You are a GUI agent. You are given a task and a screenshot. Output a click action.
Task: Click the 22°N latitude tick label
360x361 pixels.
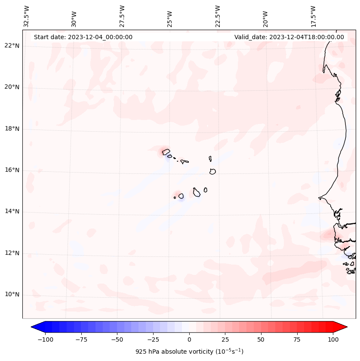[12, 46]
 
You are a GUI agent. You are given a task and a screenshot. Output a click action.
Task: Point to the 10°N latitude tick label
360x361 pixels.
[12, 294]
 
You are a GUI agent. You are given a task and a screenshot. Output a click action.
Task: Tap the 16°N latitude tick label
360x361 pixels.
[12, 170]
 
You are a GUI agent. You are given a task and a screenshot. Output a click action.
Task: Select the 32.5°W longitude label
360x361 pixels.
[27, 16]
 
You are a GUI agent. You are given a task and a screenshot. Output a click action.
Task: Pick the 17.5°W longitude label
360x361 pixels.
[313, 16]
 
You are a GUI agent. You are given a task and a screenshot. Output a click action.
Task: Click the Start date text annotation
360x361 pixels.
[83, 37]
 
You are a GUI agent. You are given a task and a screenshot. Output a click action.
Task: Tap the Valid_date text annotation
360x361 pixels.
[289, 37]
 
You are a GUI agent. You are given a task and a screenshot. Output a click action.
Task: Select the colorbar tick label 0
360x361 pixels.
[189, 339]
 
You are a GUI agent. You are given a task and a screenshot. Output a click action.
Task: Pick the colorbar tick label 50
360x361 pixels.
[261, 339]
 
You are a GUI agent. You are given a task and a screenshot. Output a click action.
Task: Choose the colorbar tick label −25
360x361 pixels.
[153, 339]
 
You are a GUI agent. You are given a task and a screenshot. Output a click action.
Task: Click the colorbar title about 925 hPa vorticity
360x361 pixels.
[189, 352]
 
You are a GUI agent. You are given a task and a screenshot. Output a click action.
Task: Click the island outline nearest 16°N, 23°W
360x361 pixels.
[212, 171]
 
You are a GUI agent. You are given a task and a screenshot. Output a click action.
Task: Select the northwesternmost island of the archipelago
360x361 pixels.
[166, 151]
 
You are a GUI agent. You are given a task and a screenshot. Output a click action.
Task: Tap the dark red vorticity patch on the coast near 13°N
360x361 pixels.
[328, 234]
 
